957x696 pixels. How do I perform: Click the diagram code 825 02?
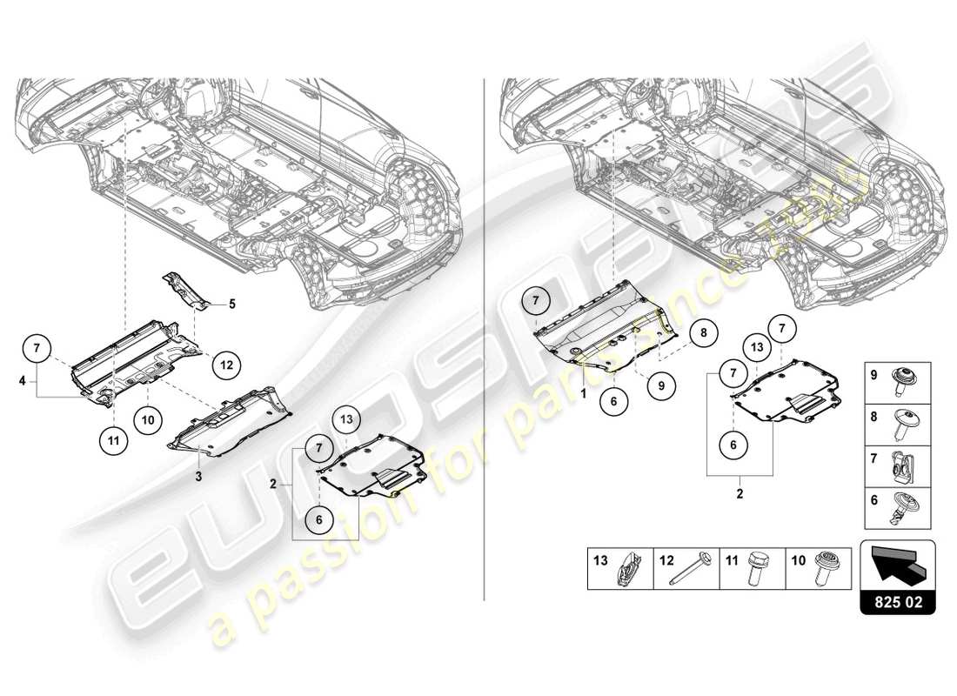897,599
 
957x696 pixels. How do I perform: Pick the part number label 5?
232,304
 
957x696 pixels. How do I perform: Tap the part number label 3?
198,477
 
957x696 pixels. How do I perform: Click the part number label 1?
584,392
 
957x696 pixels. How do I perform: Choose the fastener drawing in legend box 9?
901,380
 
